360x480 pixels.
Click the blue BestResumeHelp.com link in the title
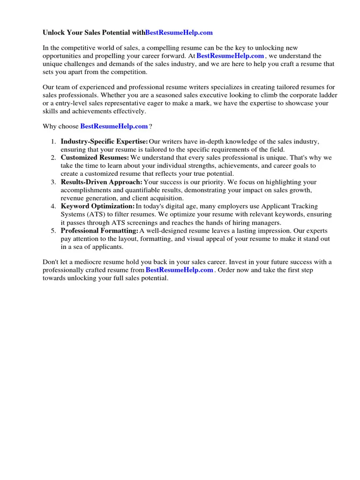[x=179, y=32]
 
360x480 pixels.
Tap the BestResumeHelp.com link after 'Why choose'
[x=114, y=127]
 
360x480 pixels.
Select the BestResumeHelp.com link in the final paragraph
[x=179, y=270]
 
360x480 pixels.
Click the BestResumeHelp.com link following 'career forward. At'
[x=230, y=56]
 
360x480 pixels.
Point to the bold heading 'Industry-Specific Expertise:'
[x=104, y=142]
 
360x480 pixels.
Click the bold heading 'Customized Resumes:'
[x=95, y=157]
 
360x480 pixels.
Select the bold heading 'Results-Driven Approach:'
[x=101, y=182]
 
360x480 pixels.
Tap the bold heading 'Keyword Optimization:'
[x=97, y=206]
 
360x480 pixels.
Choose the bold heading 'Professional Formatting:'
[x=99, y=231]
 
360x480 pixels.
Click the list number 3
[x=53, y=182]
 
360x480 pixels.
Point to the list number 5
[x=53, y=231]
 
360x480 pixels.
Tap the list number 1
[x=53, y=142]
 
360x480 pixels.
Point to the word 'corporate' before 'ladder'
[x=298, y=95]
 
